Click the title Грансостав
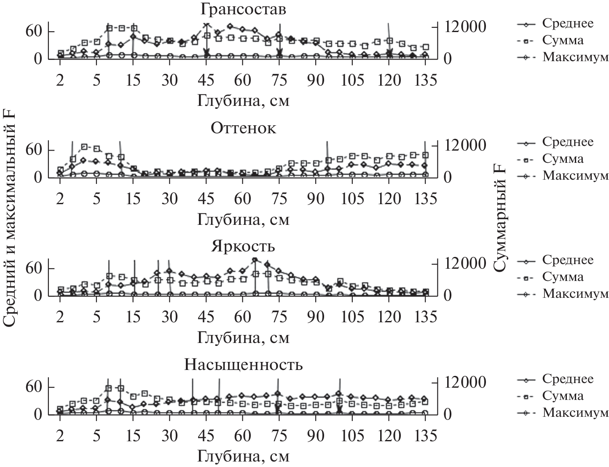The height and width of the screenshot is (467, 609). [243, 9]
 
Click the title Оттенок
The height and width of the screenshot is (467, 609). [243, 128]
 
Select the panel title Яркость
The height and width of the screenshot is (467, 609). [243, 246]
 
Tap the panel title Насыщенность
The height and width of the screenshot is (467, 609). [243, 365]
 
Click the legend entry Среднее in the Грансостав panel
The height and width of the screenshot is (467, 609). [567, 23]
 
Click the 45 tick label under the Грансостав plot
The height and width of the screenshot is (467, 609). [206, 80]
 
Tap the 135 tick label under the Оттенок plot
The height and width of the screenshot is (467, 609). [425, 199]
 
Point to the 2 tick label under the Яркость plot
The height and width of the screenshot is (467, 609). [60, 317]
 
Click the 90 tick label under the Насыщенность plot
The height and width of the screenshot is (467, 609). [316, 435]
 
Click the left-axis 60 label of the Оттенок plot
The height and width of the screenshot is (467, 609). [34, 150]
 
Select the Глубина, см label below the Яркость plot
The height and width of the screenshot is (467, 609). [243, 338]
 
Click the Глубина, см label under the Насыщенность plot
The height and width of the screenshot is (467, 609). [243, 456]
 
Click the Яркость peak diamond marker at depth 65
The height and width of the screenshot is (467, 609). [255, 260]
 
